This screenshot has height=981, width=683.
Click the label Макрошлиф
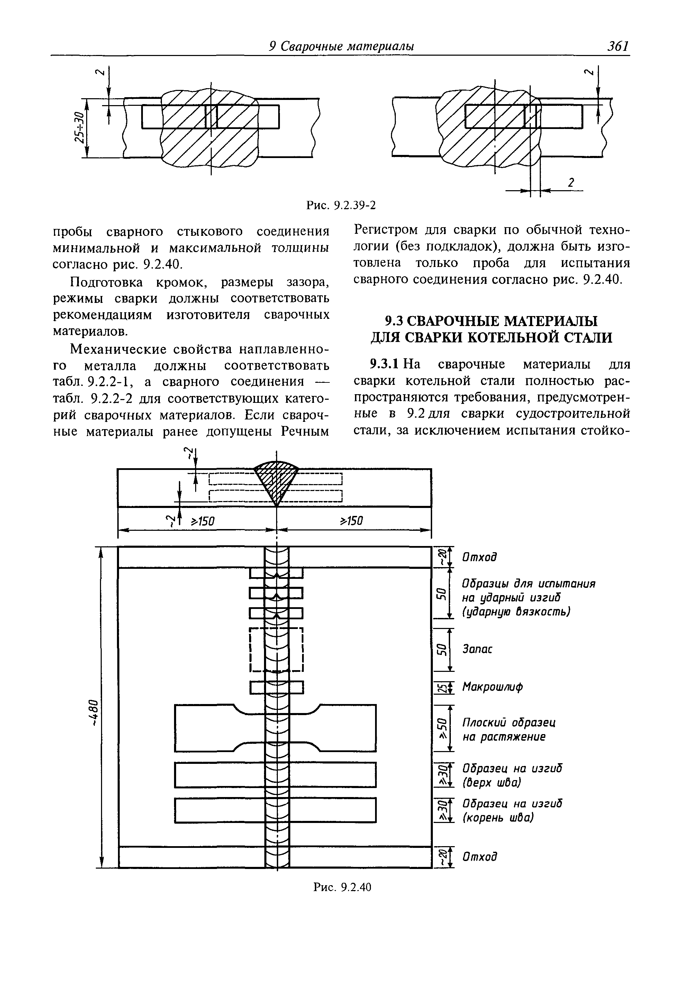pyautogui.click(x=492, y=687)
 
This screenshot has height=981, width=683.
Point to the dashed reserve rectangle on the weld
pyautogui.click(x=276, y=649)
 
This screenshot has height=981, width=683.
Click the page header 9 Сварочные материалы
pyautogui.click(x=341, y=46)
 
